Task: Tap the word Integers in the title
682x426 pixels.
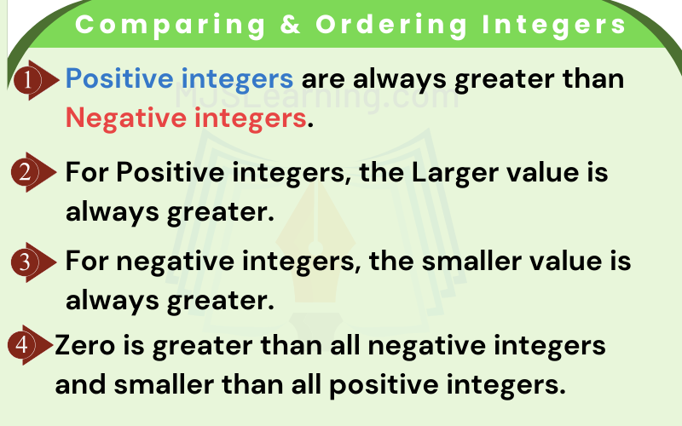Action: coord(546,25)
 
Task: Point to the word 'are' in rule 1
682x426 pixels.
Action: coord(326,79)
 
